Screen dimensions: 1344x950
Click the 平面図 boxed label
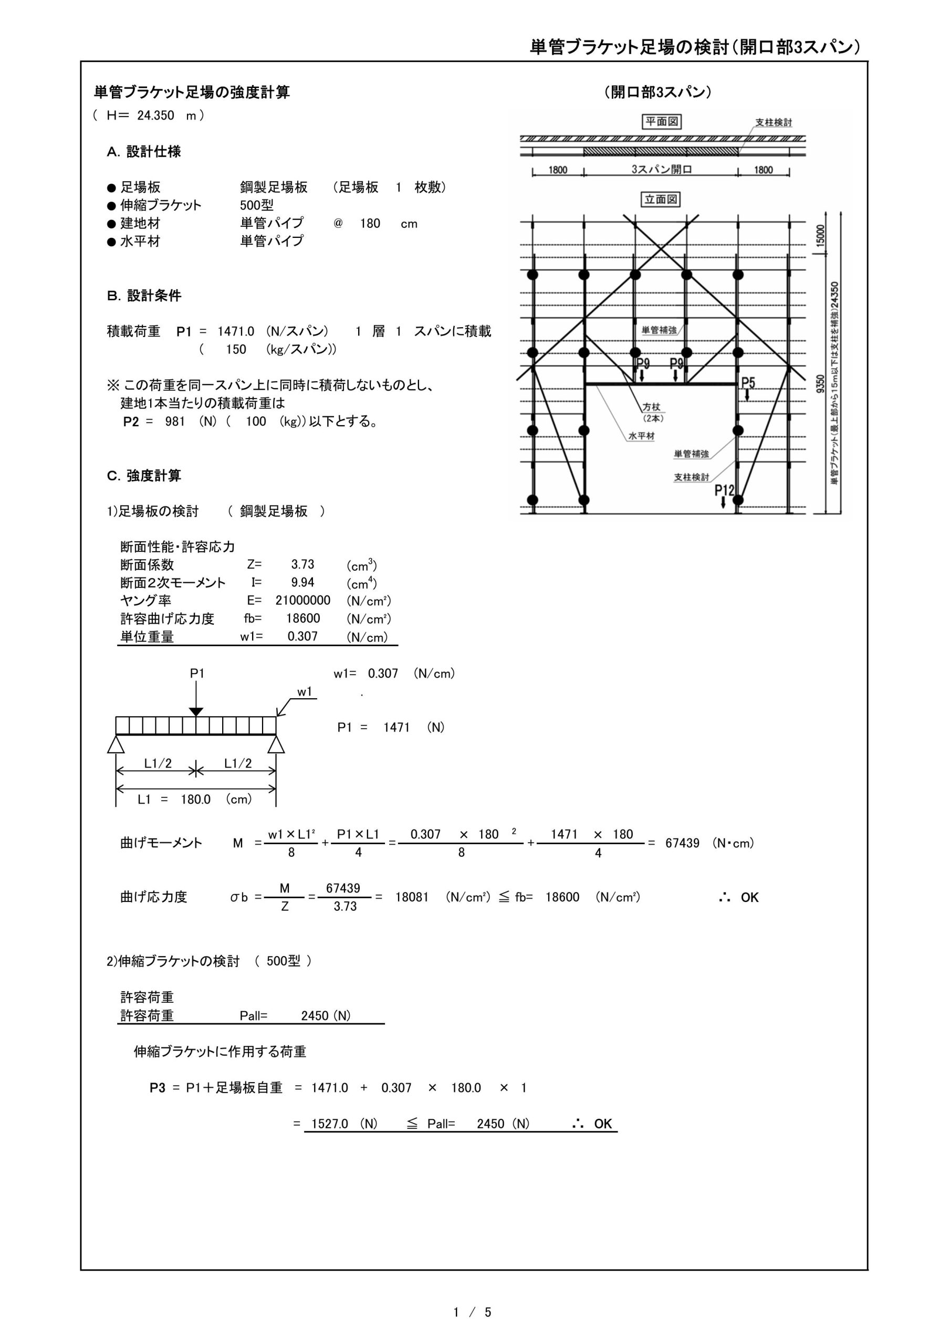click(x=662, y=122)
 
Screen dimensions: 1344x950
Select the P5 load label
click(x=748, y=383)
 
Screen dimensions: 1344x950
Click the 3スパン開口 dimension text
click(x=661, y=170)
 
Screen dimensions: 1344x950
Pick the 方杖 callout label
click(x=651, y=407)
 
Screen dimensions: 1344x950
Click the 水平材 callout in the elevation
click(x=641, y=436)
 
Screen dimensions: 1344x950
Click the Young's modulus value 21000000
click(x=303, y=601)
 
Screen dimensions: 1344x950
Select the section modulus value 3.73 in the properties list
click(x=303, y=564)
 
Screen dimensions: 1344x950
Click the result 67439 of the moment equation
click(x=682, y=843)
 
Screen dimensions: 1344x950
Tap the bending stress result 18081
click(x=412, y=897)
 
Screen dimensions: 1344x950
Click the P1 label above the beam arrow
click(x=197, y=674)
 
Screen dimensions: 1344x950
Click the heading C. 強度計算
click(x=144, y=475)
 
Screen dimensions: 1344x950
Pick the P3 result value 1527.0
click(x=329, y=1123)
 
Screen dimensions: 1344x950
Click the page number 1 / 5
click(x=472, y=1312)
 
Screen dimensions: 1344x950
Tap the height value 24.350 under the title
click(x=156, y=115)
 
